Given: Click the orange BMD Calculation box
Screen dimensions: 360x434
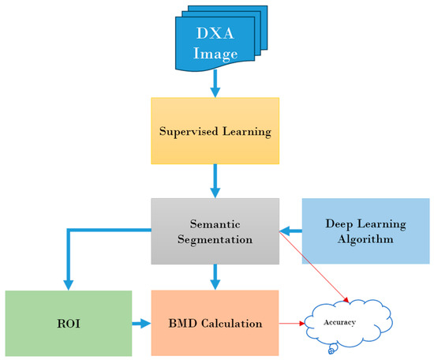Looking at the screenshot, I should click(x=215, y=323).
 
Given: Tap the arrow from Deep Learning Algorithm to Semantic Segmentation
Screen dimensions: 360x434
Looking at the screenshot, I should click(x=290, y=231).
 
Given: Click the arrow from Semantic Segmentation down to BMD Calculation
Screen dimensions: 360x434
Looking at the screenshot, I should click(x=215, y=274).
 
